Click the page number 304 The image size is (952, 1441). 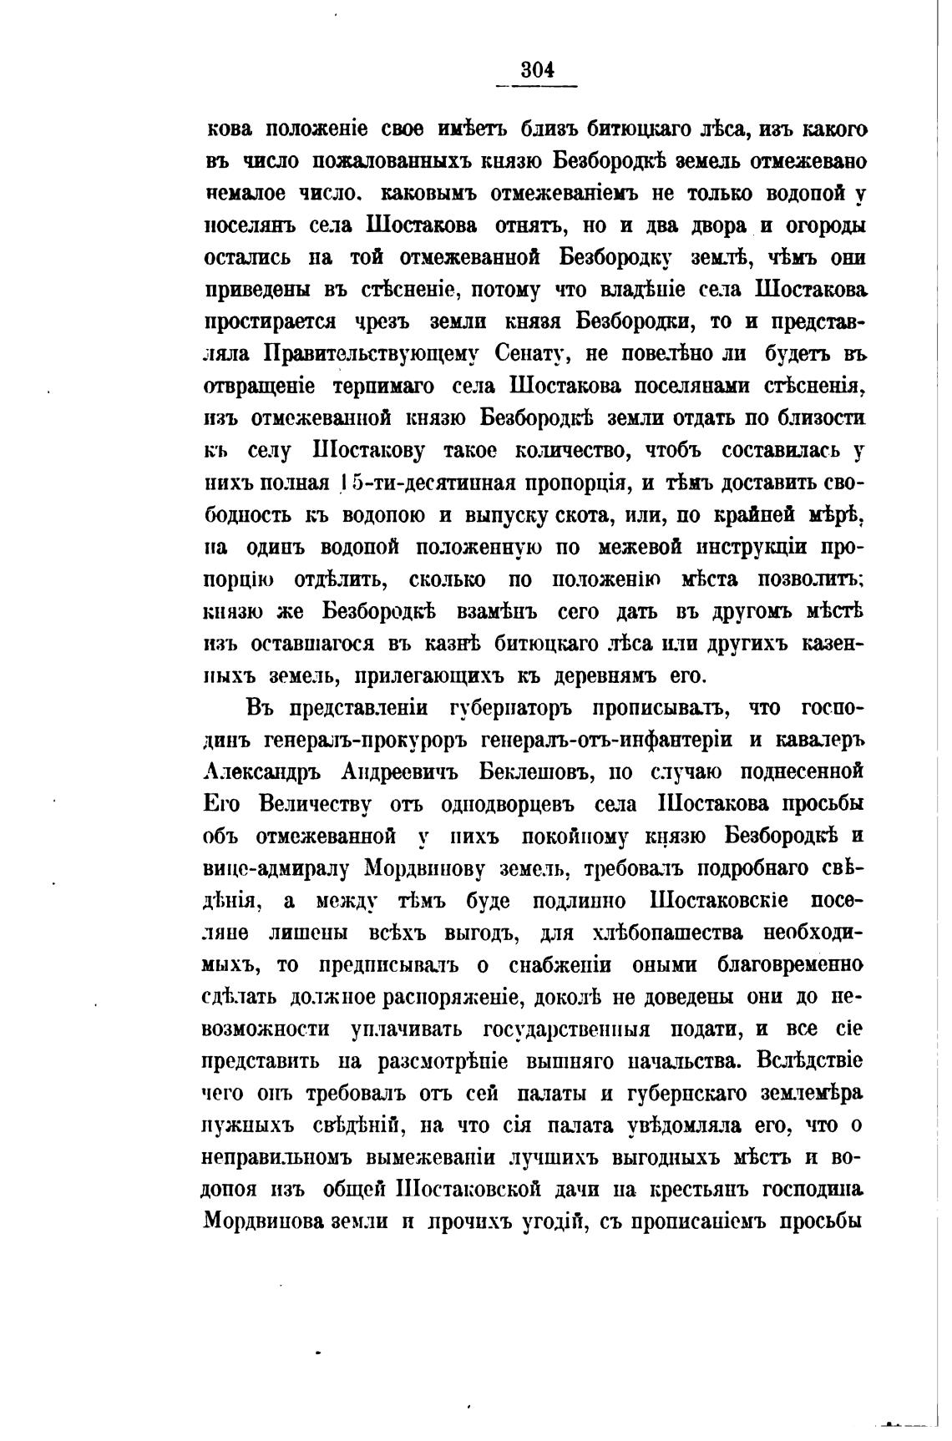[x=537, y=70]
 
